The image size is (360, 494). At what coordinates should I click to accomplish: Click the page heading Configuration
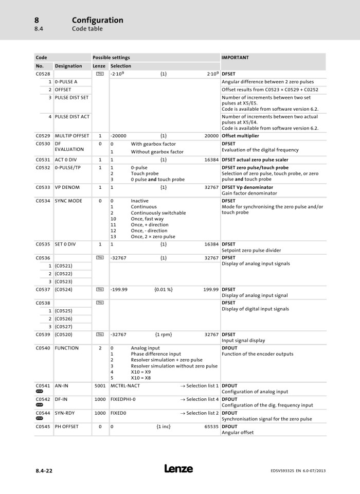click(98, 20)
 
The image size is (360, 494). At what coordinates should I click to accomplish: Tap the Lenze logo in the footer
click(179, 469)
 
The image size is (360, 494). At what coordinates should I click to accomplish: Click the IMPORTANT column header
click(235, 58)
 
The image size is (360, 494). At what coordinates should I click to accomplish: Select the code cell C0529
click(43, 136)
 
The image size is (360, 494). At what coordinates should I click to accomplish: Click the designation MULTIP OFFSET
click(72, 136)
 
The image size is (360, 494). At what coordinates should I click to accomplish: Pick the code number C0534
click(43, 201)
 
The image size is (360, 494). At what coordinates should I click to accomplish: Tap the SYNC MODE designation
click(68, 201)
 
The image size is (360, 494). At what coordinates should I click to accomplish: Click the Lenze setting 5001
click(100, 385)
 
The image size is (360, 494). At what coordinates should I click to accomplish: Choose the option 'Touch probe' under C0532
click(145, 174)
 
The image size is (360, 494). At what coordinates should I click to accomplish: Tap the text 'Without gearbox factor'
click(157, 152)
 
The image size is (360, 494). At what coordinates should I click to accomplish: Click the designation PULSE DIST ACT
click(72, 116)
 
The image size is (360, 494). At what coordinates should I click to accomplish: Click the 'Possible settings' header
click(111, 58)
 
